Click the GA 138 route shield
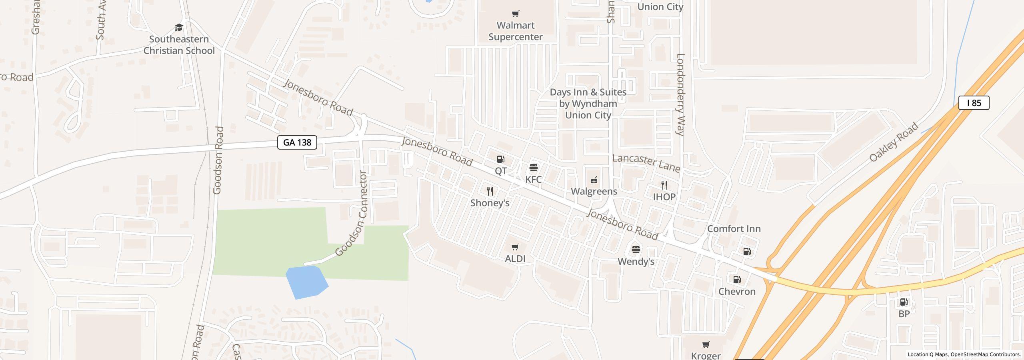coord(297,142)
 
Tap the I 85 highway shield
coord(974,103)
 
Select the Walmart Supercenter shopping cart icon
coord(516,14)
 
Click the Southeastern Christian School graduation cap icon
coord(179,28)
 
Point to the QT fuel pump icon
coord(500,159)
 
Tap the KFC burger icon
coord(534,167)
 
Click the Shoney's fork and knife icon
coord(490,191)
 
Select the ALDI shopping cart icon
coord(515,247)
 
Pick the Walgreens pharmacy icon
coord(594,180)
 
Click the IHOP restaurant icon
coord(664,185)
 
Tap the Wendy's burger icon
coord(636,250)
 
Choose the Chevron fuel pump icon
coord(737,280)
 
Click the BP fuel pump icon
coord(904,302)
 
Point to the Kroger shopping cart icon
coord(706,344)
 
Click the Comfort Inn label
coord(734,229)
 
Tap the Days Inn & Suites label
coord(588,104)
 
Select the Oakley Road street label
coord(894,142)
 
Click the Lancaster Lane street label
coord(646,163)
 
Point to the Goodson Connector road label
coord(352,214)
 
